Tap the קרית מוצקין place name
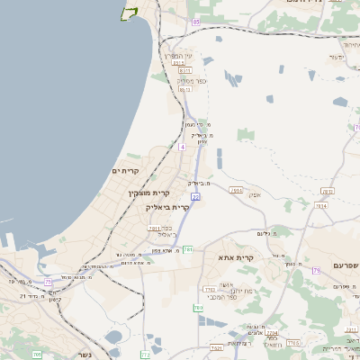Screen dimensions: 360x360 click(148, 193)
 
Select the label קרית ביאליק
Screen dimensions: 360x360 click(167, 207)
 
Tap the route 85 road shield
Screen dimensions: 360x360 click(196, 21)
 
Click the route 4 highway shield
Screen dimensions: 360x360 click(182, 146)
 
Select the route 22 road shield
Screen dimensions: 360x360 click(195, 196)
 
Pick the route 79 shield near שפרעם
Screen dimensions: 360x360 click(316, 270)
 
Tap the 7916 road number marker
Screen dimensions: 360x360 click(237, 191)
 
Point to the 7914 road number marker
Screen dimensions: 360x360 click(321, 206)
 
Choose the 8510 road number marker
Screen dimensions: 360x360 click(178, 63)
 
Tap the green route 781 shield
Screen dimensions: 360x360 click(188, 249)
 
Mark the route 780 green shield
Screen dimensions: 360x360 click(197, 308)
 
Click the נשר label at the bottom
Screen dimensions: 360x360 click(72, 355)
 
